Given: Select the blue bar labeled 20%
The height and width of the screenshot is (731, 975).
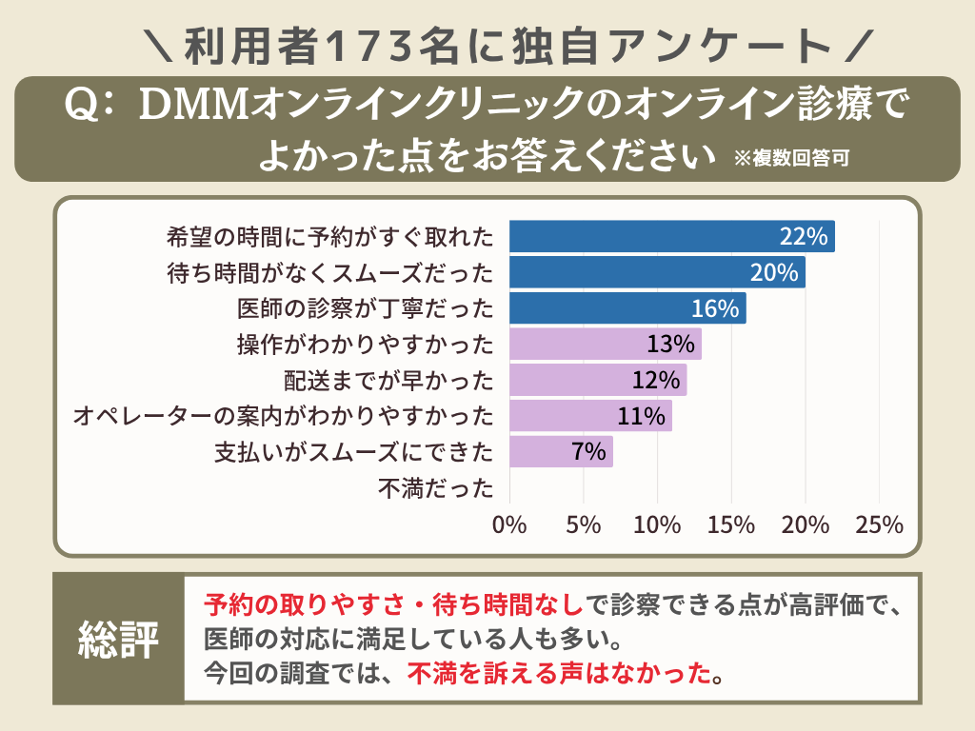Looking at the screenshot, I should tap(657, 272).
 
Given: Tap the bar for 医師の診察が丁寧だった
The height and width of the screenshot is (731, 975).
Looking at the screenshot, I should tap(627, 308).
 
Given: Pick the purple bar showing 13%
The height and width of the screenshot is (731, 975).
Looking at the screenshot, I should tap(606, 344).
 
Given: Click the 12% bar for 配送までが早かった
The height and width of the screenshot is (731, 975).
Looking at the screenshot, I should tap(598, 380).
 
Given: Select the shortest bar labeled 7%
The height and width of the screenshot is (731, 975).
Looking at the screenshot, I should tap(561, 451).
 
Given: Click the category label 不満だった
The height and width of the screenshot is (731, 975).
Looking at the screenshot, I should tap(436, 488).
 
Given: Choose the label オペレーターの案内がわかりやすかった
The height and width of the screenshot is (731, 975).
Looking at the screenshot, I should tap(284, 416).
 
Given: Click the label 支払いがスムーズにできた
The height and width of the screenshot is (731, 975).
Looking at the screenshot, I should tap(354, 452).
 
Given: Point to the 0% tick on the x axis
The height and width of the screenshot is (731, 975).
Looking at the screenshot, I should tap(509, 524).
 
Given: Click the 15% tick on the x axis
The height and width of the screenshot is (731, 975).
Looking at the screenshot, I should tap(731, 524).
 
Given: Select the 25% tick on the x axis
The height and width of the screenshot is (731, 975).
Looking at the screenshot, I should tap(879, 524).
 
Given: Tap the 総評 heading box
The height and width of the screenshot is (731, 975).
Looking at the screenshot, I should tap(118, 639).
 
